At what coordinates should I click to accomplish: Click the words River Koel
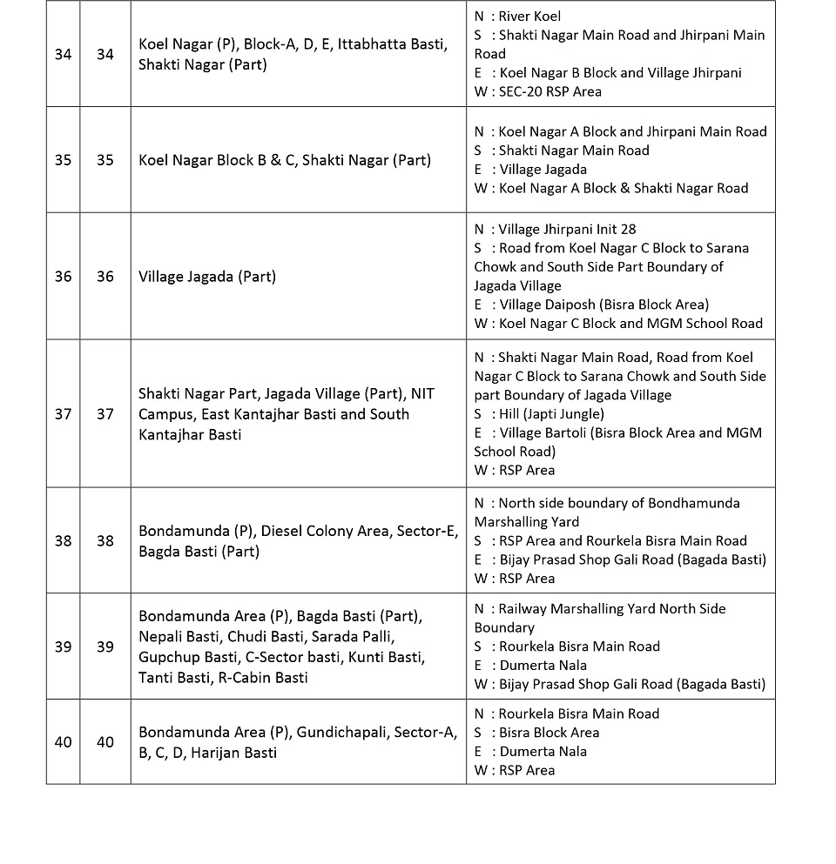pyautogui.click(x=529, y=17)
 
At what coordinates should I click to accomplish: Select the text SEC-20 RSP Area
pyautogui.click(x=550, y=91)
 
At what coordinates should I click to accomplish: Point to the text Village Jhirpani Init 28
pyautogui.click(x=567, y=230)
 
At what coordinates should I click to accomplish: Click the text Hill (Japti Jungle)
pyautogui.click(x=551, y=414)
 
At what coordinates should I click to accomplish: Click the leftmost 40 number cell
pyautogui.click(x=63, y=742)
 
